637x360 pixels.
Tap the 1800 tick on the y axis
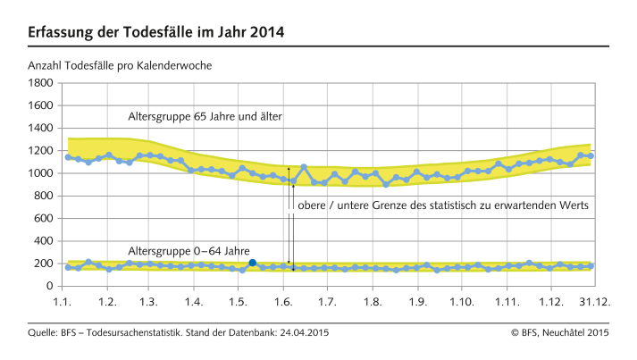coord(41,83)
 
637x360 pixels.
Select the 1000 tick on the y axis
coord(41,173)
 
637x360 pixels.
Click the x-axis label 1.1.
coord(63,303)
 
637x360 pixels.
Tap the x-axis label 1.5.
coord(239,303)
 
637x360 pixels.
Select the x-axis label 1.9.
coord(417,303)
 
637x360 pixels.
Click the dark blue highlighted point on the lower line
coord(253,263)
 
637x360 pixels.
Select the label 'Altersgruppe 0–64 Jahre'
coord(189,251)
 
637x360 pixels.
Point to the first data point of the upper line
coord(69,157)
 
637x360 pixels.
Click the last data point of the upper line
coord(591,155)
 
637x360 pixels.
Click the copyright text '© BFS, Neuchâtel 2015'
coord(560,332)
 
